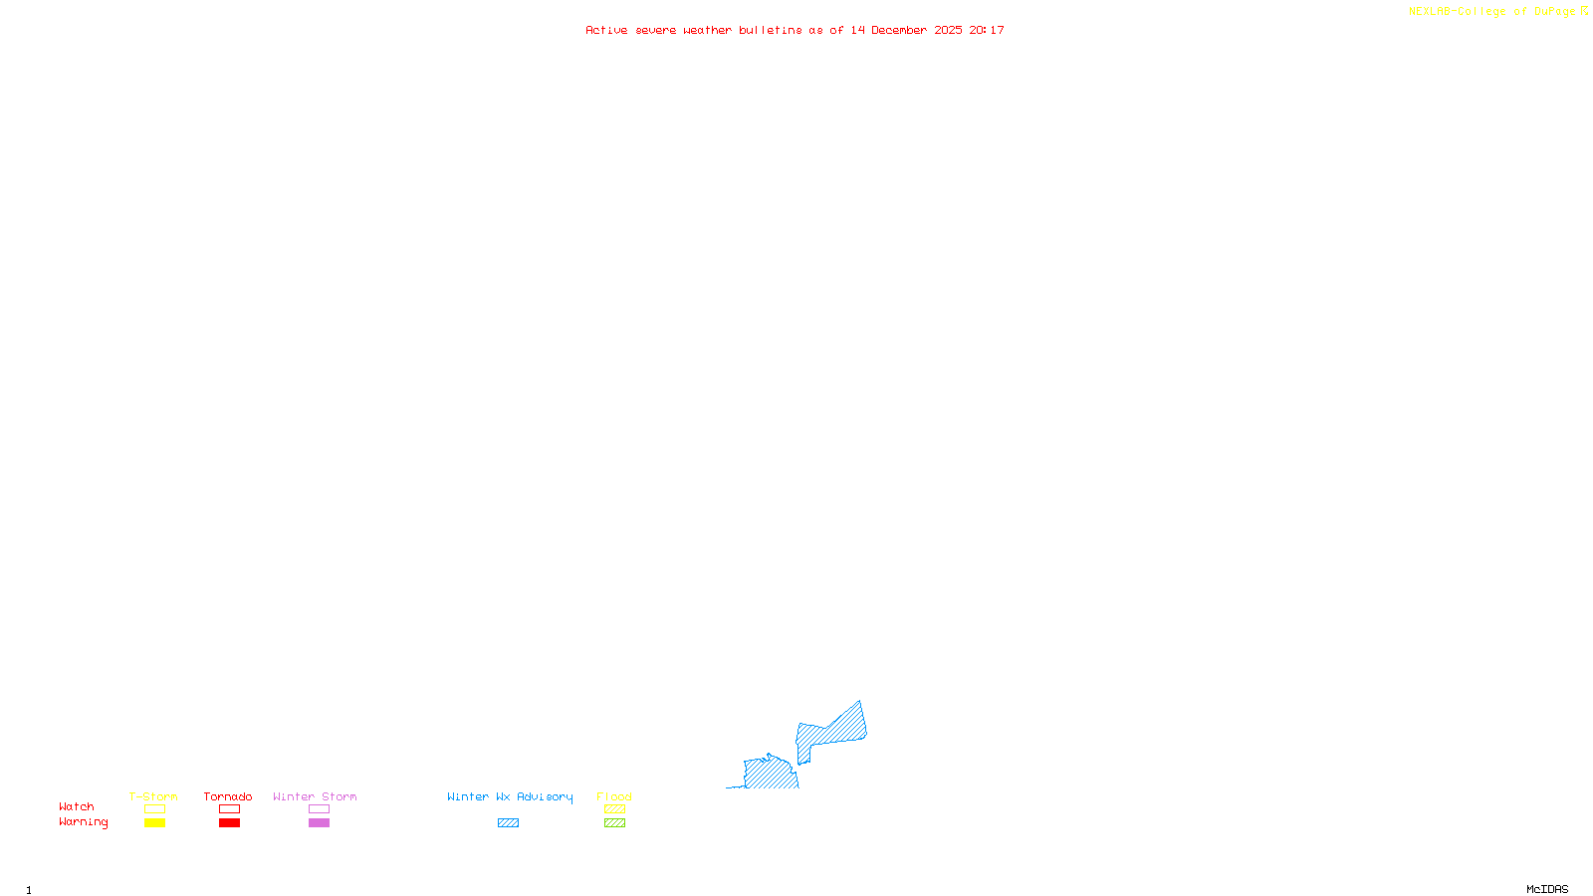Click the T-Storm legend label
click(153, 796)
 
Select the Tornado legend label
click(228, 796)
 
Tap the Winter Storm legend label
click(315, 796)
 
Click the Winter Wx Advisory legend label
click(510, 796)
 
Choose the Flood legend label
click(614, 796)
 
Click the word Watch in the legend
click(77, 806)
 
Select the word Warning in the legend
click(83, 822)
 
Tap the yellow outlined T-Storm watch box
click(154, 809)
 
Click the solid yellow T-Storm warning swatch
click(154, 823)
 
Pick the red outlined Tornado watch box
click(229, 809)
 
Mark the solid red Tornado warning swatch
click(229, 823)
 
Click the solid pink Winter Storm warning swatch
click(319, 823)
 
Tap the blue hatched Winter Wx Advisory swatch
click(508, 823)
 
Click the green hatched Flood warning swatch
click(614, 823)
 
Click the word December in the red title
click(899, 30)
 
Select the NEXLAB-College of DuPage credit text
click(1491, 12)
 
